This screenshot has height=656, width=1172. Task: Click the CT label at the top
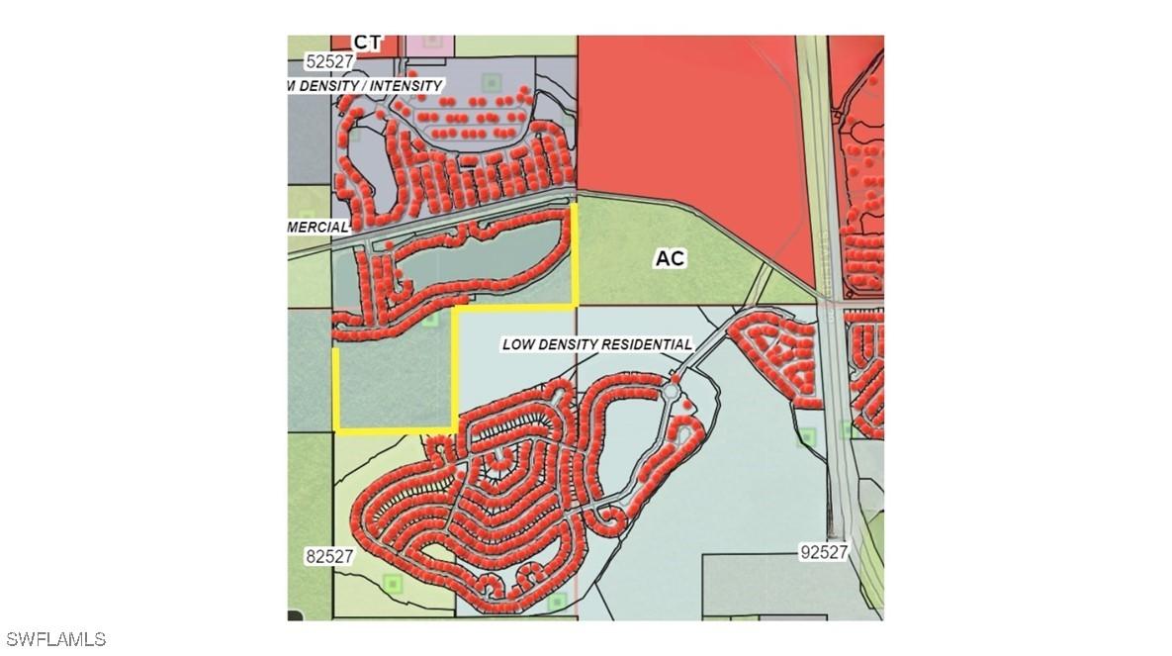(367, 42)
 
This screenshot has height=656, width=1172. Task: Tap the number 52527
(329, 61)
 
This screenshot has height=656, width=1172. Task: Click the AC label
(670, 259)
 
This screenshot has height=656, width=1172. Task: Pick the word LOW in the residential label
(520, 344)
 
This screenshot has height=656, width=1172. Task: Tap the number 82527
(329, 557)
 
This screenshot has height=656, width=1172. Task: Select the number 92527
(824, 552)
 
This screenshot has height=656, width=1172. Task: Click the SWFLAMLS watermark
(54, 639)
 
